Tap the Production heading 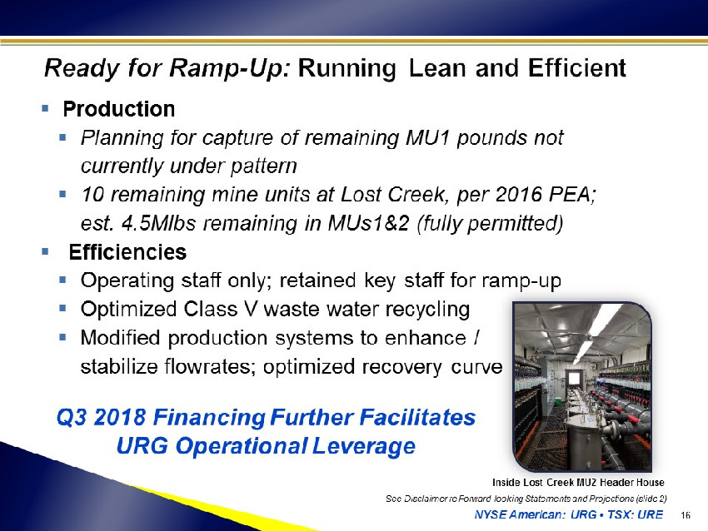(119, 109)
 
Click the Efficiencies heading (127, 251)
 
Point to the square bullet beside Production (45, 108)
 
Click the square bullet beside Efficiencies (45, 251)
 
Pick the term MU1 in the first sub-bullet (427, 137)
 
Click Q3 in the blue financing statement (72, 417)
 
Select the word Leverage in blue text (363, 447)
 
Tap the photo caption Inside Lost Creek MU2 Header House (578, 482)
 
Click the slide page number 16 (686, 514)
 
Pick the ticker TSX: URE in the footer (635, 514)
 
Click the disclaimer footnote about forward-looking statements (526, 499)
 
